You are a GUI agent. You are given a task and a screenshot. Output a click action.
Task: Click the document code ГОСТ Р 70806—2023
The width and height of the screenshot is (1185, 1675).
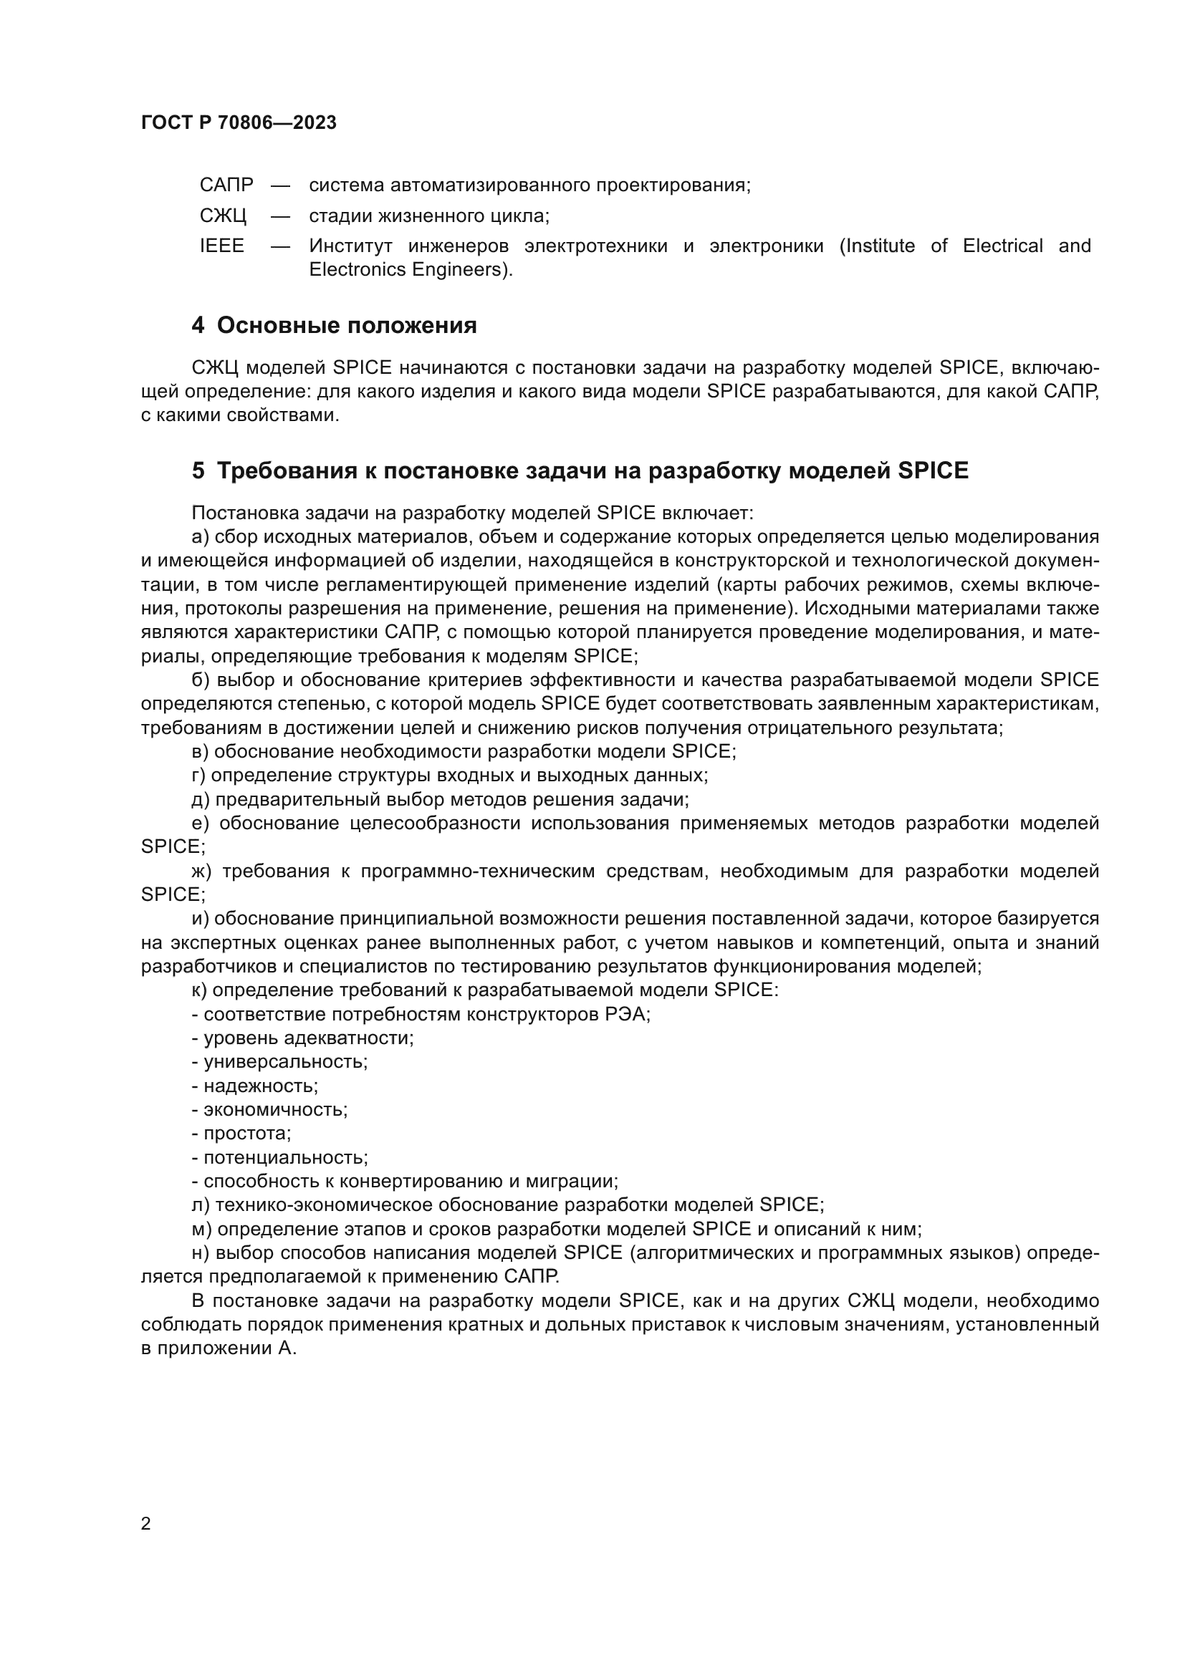point(239,122)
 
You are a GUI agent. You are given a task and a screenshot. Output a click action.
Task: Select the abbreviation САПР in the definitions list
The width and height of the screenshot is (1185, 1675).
point(226,185)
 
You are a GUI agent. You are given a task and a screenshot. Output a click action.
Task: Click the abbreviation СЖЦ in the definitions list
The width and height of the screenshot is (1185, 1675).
point(223,216)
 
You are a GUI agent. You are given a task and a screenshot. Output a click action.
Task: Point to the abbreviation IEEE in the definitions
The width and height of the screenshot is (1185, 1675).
point(222,246)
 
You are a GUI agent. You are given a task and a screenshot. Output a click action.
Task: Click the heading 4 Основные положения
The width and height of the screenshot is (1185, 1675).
point(334,325)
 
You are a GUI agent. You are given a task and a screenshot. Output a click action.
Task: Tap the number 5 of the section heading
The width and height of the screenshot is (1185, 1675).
point(198,471)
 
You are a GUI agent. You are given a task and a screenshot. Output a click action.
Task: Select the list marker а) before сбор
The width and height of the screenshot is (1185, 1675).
point(200,538)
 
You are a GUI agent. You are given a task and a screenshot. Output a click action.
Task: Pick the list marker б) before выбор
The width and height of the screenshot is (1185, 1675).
point(201,680)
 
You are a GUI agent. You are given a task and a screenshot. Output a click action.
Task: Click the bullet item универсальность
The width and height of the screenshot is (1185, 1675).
point(284,1062)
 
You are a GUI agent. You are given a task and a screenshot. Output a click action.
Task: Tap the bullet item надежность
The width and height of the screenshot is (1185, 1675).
point(261,1086)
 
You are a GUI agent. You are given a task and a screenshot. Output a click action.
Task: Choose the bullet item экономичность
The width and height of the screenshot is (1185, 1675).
point(275,1109)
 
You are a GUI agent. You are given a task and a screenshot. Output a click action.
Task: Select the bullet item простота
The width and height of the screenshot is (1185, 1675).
point(246,1134)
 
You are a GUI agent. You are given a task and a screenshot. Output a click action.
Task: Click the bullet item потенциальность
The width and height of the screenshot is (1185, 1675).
point(285,1158)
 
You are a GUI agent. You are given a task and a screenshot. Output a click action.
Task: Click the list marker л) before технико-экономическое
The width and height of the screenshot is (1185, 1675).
point(200,1205)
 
